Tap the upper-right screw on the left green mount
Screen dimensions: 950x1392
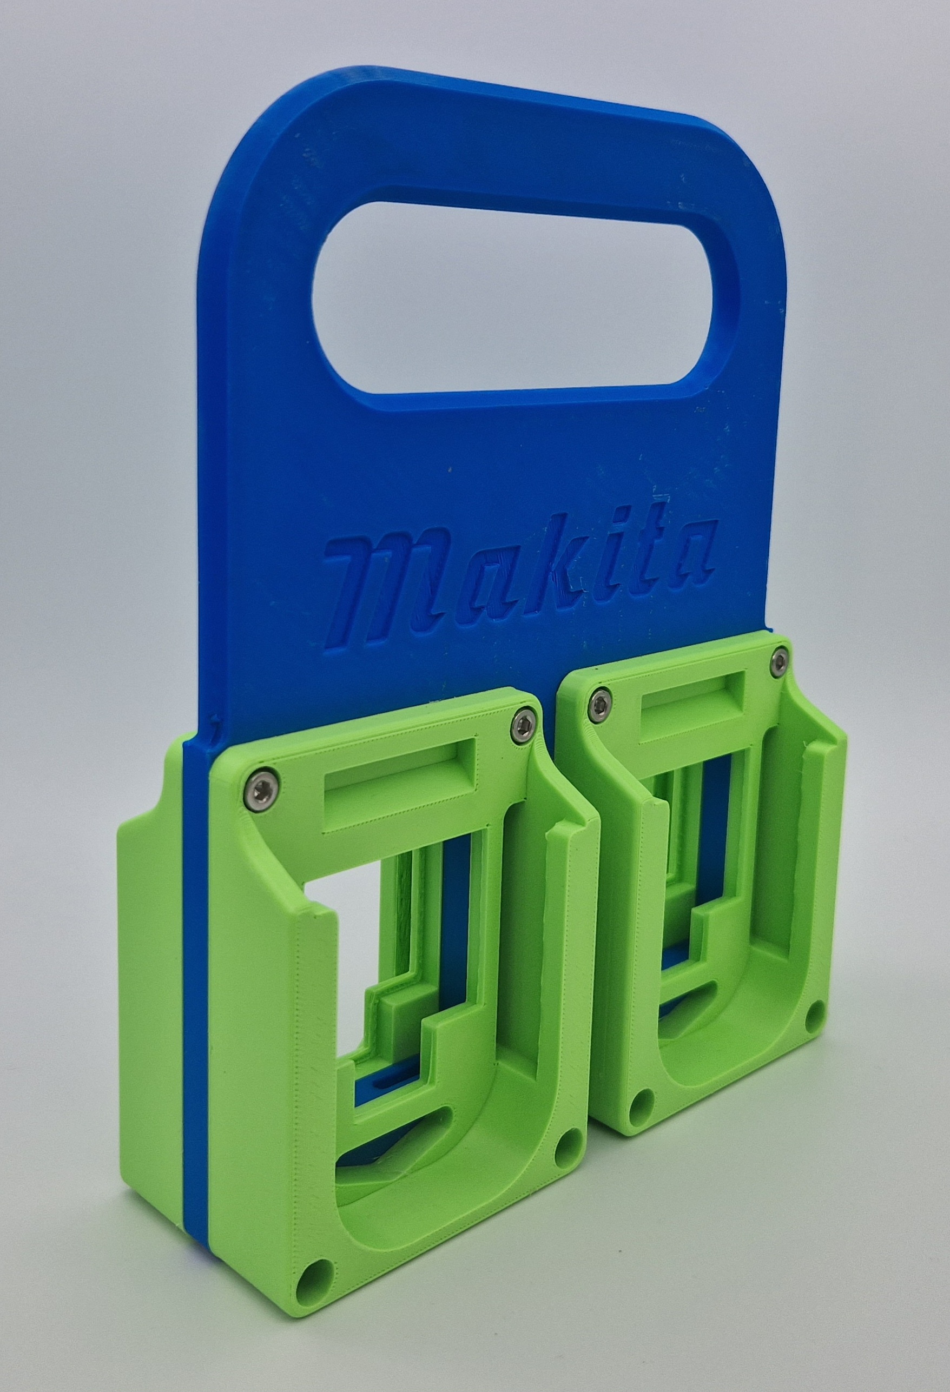522,726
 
